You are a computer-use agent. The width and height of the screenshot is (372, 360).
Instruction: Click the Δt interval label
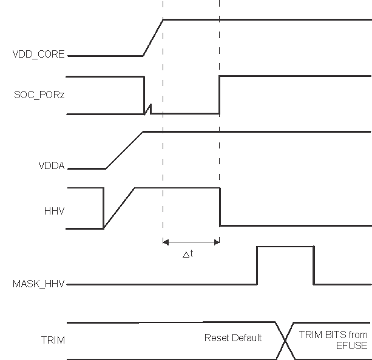pyautogui.click(x=188, y=255)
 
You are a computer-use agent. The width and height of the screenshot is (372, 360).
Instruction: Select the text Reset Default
pyautogui.click(x=232, y=338)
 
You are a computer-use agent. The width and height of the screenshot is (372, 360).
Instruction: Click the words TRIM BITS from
pyautogui.click(x=333, y=335)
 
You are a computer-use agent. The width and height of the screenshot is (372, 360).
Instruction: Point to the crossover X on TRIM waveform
pyautogui.click(x=285, y=340)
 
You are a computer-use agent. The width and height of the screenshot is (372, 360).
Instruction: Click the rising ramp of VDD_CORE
pyautogui.click(x=153, y=38)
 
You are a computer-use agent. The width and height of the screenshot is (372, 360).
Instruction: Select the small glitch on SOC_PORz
pyautogui.click(x=147, y=110)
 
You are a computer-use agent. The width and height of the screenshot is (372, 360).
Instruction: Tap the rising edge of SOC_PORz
pyautogui.click(x=219, y=95)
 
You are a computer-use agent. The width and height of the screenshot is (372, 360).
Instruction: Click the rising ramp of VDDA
pyautogui.click(x=124, y=150)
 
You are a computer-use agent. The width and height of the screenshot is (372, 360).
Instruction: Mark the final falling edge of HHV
pyautogui.click(x=219, y=207)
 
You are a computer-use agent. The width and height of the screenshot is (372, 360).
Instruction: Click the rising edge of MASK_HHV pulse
pyautogui.click(x=257, y=265)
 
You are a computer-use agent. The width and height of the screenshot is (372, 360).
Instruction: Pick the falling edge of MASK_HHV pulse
pyautogui.click(x=314, y=265)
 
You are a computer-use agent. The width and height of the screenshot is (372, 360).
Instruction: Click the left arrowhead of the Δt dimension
pyautogui.click(x=166, y=242)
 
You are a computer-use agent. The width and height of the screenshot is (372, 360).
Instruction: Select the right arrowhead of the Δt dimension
pyautogui.click(x=216, y=242)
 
